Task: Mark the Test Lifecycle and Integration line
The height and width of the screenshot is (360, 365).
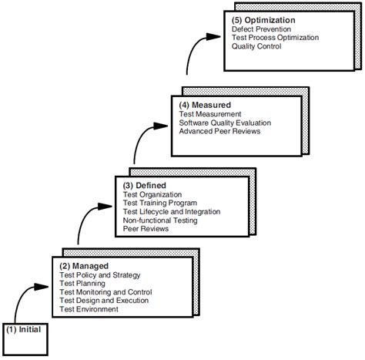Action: click(x=172, y=212)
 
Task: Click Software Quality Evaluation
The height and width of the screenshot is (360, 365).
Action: click(x=226, y=123)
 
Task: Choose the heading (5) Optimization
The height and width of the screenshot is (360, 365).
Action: click(x=265, y=20)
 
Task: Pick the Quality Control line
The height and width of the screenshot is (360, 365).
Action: click(x=256, y=46)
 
